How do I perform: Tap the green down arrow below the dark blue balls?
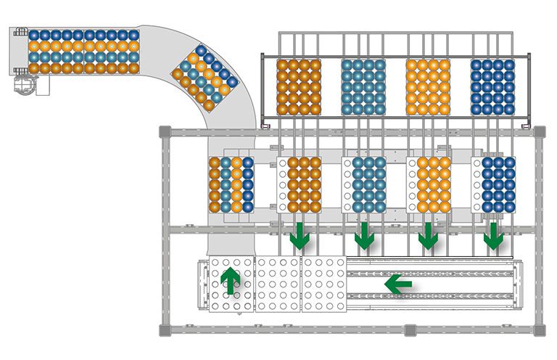(x=495, y=236)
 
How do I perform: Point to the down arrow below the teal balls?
(x=364, y=236)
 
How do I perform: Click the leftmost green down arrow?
(x=299, y=236)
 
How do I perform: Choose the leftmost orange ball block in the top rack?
(x=299, y=86)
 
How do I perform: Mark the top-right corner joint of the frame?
(x=538, y=131)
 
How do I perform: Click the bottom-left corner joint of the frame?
(x=165, y=330)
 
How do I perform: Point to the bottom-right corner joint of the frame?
(x=538, y=330)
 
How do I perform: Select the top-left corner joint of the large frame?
(x=165, y=131)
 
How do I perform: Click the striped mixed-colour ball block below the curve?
(x=231, y=184)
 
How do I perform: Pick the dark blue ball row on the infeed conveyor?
(x=84, y=35)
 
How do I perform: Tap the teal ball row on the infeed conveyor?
(x=84, y=57)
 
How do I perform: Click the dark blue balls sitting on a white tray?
(x=498, y=184)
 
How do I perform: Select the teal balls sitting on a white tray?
(x=369, y=184)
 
